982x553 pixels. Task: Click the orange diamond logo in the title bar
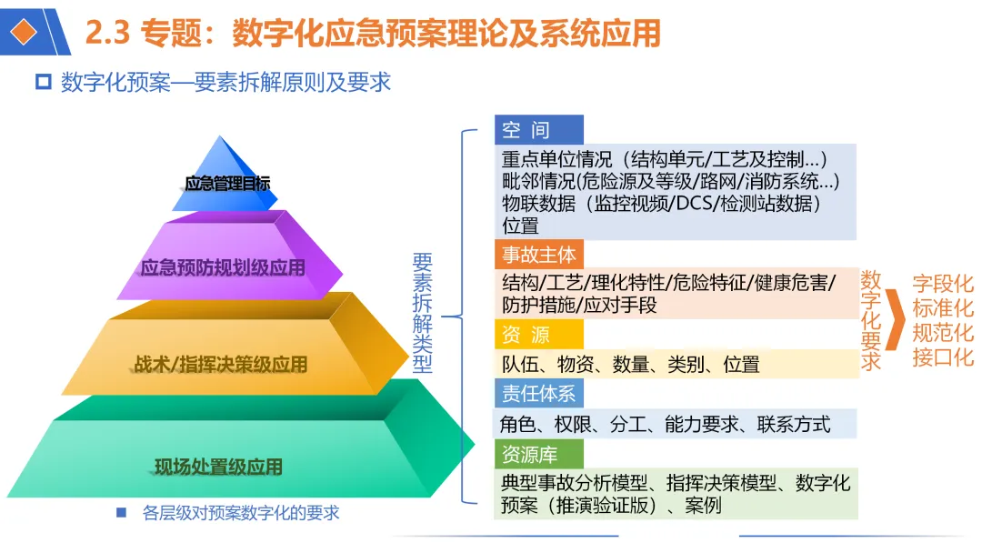pyautogui.click(x=26, y=32)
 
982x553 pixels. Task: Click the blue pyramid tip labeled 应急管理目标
pyautogui.click(x=226, y=183)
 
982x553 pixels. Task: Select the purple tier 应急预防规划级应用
pyautogui.click(x=224, y=267)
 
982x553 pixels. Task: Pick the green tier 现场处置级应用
pyautogui.click(x=218, y=468)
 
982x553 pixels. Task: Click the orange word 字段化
pyautogui.click(x=942, y=284)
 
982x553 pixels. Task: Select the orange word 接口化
pyautogui.click(x=942, y=356)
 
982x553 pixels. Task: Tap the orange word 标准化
pyautogui.click(x=942, y=307)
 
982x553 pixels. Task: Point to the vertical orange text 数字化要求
pyautogui.click(x=871, y=319)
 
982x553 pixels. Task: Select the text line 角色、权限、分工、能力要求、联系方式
pyautogui.click(x=665, y=424)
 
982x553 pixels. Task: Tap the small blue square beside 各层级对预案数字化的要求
pyautogui.click(x=121, y=513)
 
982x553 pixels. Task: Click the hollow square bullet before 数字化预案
pyautogui.click(x=42, y=83)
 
